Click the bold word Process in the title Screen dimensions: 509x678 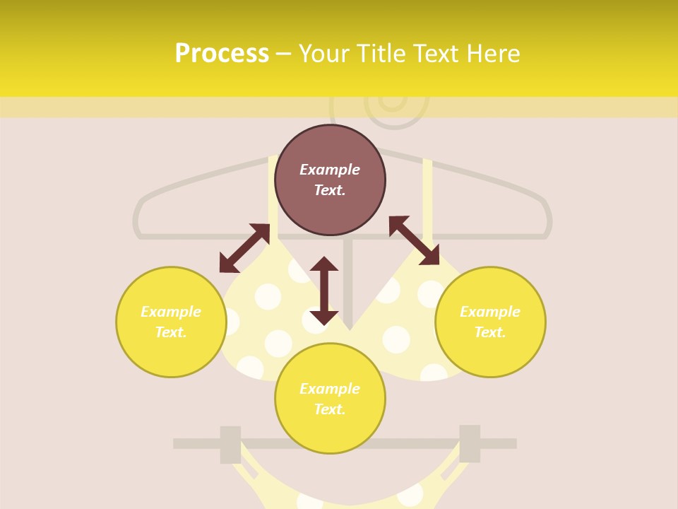click(222, 54)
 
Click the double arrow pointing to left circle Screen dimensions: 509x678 click(244, 248)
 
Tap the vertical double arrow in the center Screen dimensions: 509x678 click(324, 291)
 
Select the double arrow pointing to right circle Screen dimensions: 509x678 click(414, 240)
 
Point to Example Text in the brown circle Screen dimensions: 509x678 click(330, 180)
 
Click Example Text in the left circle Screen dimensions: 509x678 click(171, 322)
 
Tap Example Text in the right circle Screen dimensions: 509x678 click(490, 322)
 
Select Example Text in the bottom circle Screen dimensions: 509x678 click(330, 399)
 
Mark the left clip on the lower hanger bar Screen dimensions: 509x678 click(230, 444)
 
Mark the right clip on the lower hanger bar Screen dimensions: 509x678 click(470, 443)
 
